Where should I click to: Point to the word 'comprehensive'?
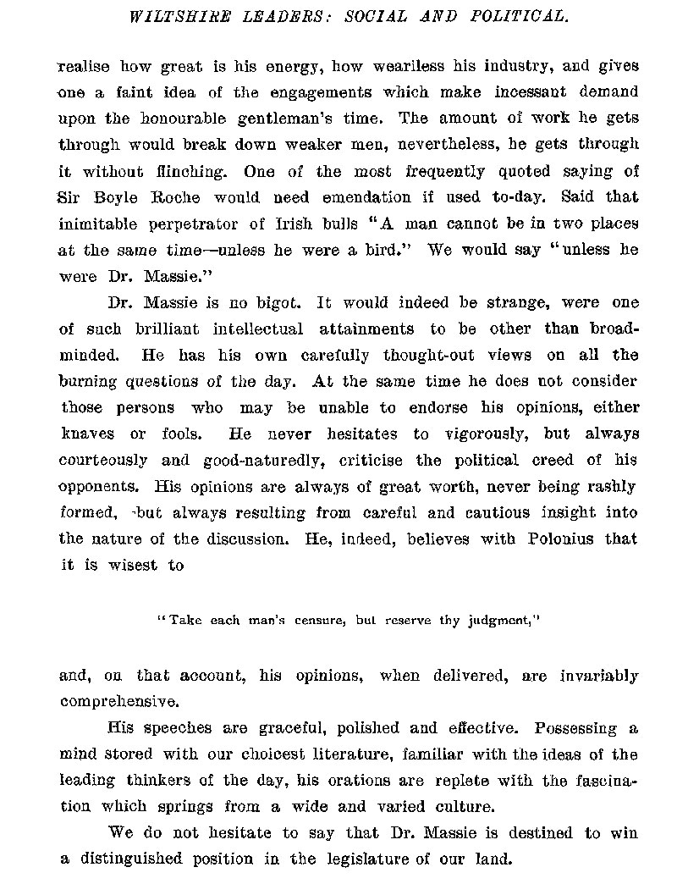(x=118, y=702)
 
